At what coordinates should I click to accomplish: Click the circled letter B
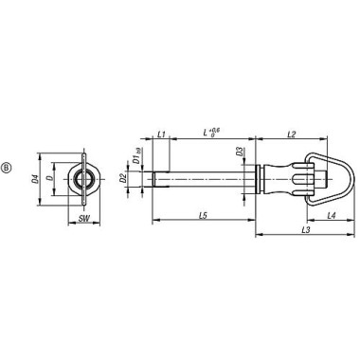click(x=9, y=170)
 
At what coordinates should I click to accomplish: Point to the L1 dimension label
click(x=161, y=135)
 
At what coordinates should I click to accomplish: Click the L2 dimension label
click(x=292, y=135)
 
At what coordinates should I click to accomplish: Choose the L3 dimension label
click(x=302, y=256)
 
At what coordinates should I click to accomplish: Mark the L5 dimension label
click(x=204, y=216)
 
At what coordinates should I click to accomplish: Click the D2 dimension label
click(x=122, y=178)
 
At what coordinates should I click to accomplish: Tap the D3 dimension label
click(x=240, y=151)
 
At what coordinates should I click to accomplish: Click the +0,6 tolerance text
click(x=214, y=130)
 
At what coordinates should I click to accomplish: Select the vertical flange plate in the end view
click(x=86, y=177)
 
